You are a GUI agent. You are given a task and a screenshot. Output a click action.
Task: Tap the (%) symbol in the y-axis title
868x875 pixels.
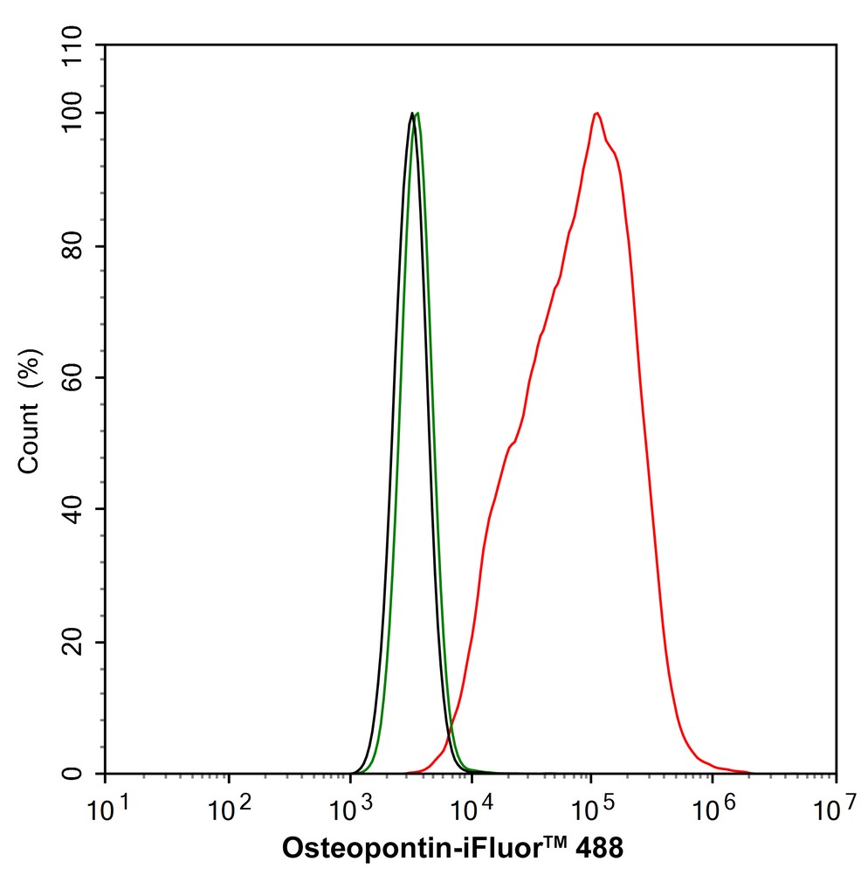pos(30,368)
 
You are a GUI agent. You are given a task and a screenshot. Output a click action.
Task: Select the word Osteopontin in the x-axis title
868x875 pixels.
pos(363,848)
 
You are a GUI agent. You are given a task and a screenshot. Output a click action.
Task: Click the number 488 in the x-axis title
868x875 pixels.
pos(598,848)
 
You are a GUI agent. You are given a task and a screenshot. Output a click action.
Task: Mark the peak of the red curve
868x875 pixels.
pos(596,113)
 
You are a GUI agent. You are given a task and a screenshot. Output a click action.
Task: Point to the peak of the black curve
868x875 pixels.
pos(412,113)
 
